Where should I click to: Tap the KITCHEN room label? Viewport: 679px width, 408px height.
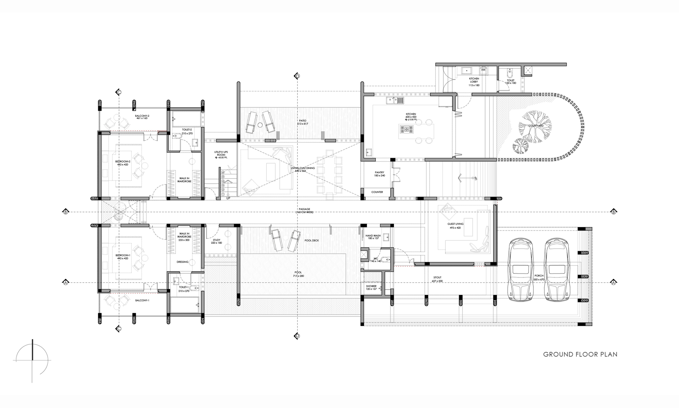click(x=411, y=114)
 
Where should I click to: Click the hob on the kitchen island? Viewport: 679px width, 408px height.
click(x=406, y=130)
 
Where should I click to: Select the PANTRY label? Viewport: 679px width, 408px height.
click(x=380, y=172)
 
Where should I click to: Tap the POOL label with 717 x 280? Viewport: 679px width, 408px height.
click(x=298, y=273)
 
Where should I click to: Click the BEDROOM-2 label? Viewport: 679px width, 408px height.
click(x=123, y=161)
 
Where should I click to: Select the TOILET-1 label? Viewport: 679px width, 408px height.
click(x=184, y=287)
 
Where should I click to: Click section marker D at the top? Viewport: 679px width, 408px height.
click(x=297, y=76)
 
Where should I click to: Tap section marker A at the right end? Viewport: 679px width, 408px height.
click(x=613, y=282)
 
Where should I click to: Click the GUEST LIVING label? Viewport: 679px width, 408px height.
click(x=455, y=224)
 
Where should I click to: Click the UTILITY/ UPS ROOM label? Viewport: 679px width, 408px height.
click(x=221, y=153)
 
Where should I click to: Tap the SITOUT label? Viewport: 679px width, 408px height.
click(x=437, y=277)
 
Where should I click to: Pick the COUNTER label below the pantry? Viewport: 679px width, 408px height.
click(x=377, y=192)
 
